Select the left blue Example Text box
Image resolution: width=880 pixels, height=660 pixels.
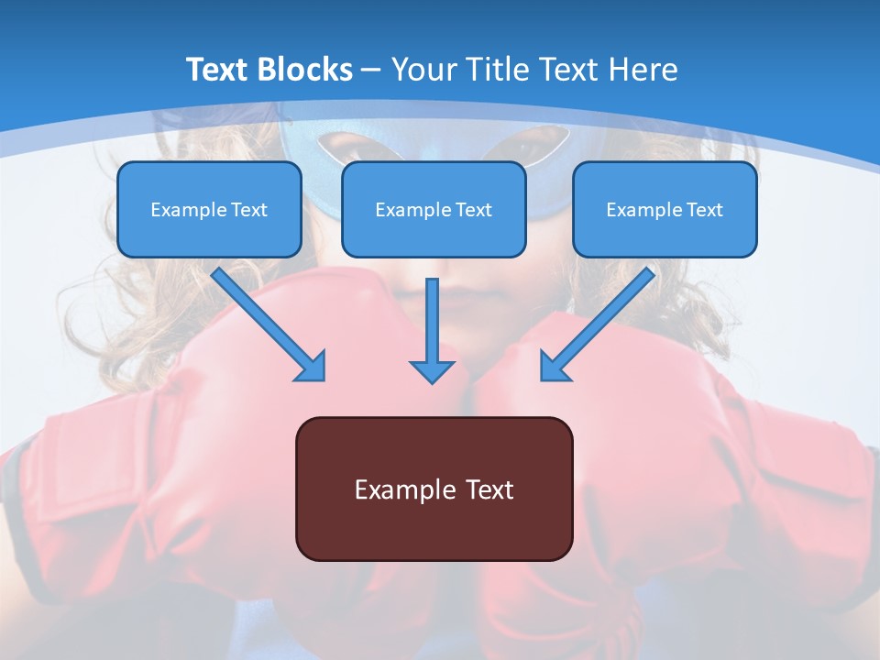coord(209,209)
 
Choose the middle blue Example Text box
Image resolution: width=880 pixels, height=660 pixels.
coord(434,209)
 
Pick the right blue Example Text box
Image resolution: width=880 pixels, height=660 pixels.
coord(665,209)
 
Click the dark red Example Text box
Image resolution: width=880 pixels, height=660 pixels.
coord(434,489)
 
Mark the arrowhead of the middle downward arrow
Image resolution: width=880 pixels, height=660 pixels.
coord(432,370)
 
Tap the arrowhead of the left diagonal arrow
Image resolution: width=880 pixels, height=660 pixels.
coord(312,367)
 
